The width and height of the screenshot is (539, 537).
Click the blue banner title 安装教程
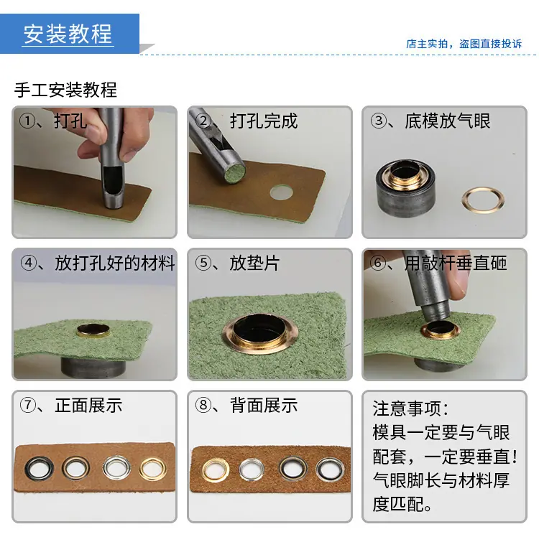click(x=68, y=34)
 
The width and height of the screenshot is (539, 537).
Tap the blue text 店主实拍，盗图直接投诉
click(x=464, y=44)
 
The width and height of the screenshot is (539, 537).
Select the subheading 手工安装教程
click(x=65, y=90)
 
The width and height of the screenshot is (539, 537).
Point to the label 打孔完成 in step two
click(x=264, y=121)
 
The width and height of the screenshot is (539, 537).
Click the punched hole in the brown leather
click(x=281, y=192)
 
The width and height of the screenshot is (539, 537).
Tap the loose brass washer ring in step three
click(x=483, y=200)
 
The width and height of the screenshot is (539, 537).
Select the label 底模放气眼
click(x=447, y=121)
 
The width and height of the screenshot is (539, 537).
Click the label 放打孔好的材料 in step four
click(x=115, y=263)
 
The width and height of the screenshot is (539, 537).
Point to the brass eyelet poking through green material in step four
click(x=93, y=330)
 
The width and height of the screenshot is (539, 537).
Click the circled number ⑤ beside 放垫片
click(x=203, y=263)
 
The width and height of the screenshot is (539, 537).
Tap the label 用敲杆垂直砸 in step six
click(x=456, y=263)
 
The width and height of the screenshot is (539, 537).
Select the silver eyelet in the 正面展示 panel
click(x=117, y=467)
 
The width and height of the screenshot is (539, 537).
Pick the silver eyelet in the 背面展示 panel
click(x=252, y=469)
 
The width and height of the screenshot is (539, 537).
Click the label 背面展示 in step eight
click(x=264, y=406)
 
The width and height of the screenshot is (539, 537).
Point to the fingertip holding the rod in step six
click(x=459, y=284)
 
